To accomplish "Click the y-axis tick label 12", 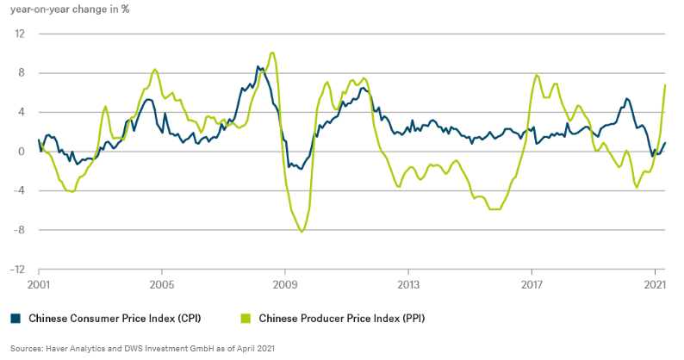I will click(x=20, y=34).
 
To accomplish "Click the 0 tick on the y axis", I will click(x=22, y=152).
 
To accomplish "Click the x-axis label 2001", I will click(x=39, y=283).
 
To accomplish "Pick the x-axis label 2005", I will click(x=162, y=283).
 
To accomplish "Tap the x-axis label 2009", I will click(x=285, y=283).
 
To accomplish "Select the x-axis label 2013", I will click(x=408, y=283).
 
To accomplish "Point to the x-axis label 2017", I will click(x=532, y=283).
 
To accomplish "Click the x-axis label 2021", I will click(x=655, y=283).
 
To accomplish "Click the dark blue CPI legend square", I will click(x=16, y=318).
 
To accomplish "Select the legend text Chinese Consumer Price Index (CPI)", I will click(x=115, y=318).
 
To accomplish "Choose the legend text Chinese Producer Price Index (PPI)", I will click(x=342, y=318).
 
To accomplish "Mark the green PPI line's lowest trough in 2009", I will click(x=302, y=232).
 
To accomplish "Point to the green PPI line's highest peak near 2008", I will click(x=272, y=53).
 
